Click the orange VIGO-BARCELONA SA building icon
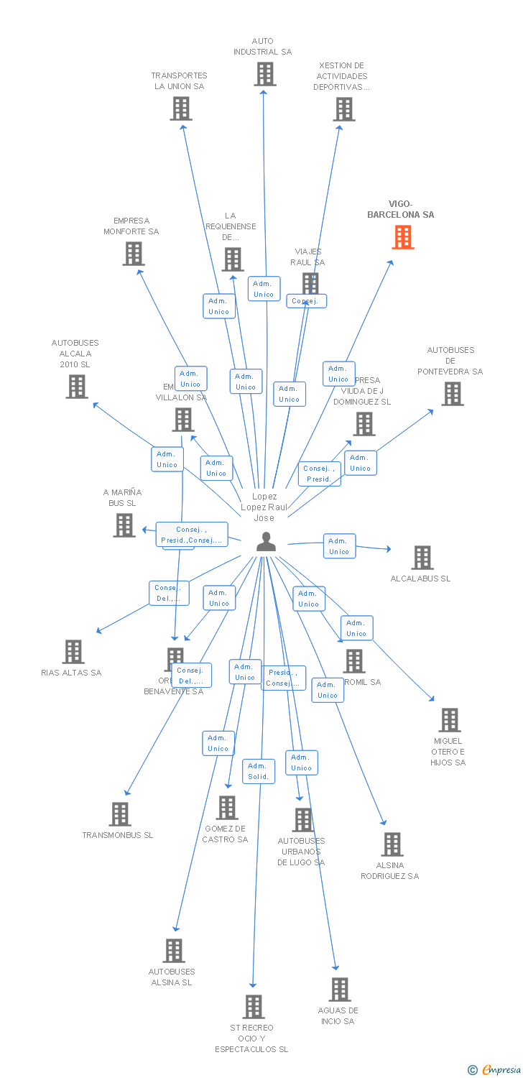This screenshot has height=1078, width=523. (403, 237)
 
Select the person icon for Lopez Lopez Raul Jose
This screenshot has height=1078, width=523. (266, 543)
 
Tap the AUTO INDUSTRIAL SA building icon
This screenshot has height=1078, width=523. (264, 74)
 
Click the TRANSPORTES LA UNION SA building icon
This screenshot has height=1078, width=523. (180, 109)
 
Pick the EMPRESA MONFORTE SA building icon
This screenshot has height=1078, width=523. (133, 254)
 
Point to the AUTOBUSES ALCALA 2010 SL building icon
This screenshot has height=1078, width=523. (76, 387)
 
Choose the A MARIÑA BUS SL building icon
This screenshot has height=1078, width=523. (124, 525)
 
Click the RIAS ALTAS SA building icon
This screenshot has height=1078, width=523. (73, 652)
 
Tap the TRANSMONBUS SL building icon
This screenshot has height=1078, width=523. (119, 814)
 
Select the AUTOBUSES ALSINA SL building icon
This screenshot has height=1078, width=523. (173, 951)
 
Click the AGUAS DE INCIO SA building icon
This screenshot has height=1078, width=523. (339, 990)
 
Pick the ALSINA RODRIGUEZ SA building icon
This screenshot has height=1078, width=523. (392, 844)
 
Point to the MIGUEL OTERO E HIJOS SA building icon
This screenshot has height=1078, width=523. (449, 720)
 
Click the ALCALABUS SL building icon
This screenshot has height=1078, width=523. (422, 558)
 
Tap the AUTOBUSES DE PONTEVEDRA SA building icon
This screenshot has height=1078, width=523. (452, 394)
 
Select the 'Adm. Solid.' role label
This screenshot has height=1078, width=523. (258, 771)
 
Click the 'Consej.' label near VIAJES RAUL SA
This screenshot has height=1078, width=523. (306, 301)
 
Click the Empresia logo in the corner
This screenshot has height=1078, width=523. (495, 1070)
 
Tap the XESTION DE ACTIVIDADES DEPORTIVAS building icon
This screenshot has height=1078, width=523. (343, 109)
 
